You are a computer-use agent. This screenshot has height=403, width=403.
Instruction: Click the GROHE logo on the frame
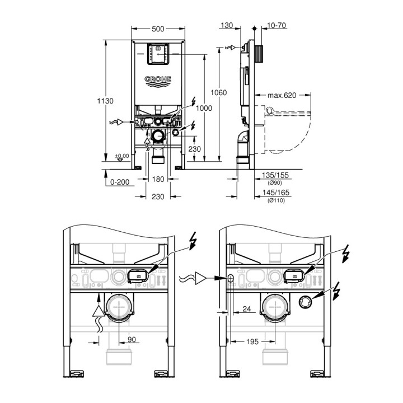click(x=158, y=81)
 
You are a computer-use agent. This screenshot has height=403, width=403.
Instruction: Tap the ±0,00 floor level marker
click(x=121, y=156)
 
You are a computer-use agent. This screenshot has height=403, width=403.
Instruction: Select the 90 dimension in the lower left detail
click(x=131, y=339)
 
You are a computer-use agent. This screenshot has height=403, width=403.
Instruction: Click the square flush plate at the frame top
click(x=158, y=54)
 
